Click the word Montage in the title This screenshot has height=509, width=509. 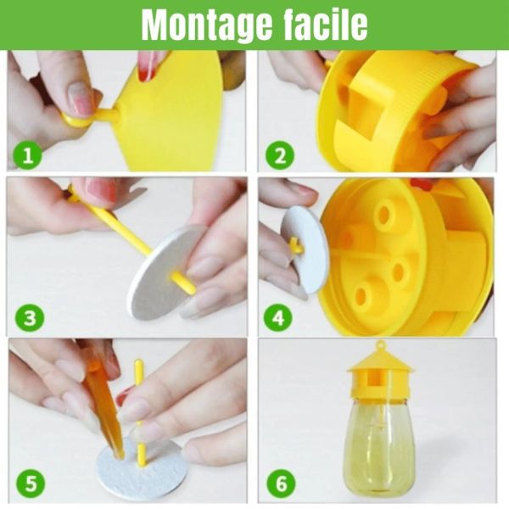click(x=207, y=25)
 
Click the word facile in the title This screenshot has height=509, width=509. click(x=326, y=24)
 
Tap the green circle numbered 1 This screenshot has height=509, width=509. click(x=28, y=155)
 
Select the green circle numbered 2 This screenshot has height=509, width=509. click(x=280, y=155)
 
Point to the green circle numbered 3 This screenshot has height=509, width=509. click(x=30, y=317)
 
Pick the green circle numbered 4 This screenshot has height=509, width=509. click(x=278, y=317)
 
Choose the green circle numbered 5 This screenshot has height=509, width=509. click(x=31, y=483)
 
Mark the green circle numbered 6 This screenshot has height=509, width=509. click(x=282, y=483)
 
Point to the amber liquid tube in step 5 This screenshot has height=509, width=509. click(x=103, y=409)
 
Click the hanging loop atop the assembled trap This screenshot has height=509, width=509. click(x=380, y=345)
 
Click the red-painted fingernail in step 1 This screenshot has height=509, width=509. click(x=146, y=66)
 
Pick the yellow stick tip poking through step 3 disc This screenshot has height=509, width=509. click(x=184, y=283)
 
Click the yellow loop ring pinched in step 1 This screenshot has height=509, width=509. click(x=76, y=120)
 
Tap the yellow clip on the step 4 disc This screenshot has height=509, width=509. click(x=296, y=246)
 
